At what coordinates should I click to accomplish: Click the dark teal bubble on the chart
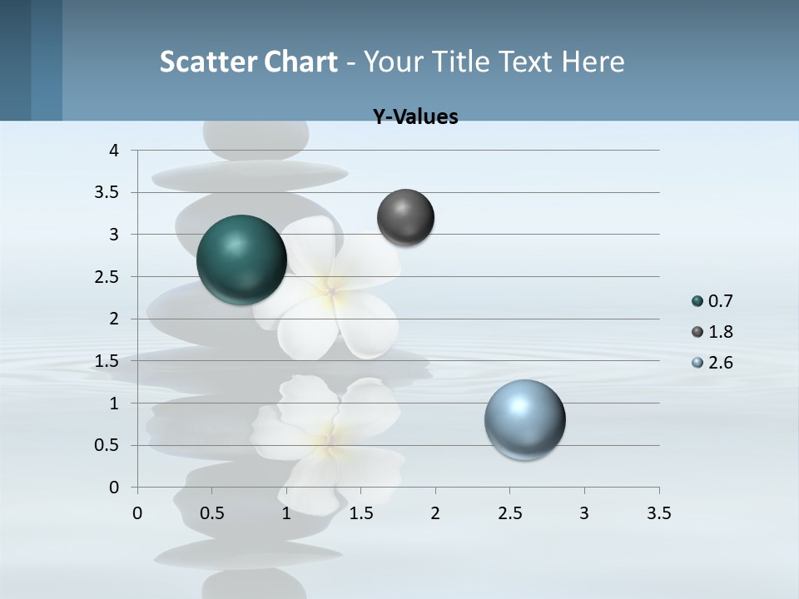242,260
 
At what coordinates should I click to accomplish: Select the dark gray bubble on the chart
405,217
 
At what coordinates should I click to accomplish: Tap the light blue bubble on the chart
525,419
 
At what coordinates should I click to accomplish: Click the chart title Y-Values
415,117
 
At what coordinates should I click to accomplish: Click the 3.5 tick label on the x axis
658,513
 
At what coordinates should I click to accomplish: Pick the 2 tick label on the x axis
435,513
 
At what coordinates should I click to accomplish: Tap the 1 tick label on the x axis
286,513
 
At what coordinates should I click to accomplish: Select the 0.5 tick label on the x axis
211,513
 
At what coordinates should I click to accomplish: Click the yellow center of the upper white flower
330,290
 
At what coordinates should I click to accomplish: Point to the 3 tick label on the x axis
584,513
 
